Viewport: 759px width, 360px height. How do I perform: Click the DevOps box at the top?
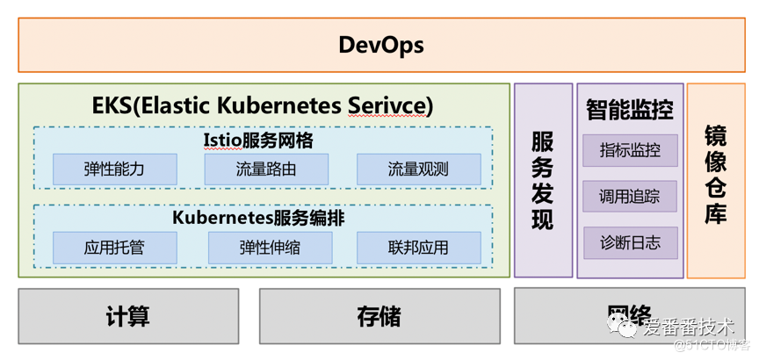tap(380, 45)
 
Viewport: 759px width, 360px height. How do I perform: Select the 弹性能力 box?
tap(114, 169)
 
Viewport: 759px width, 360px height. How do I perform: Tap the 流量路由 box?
tap(266, 169)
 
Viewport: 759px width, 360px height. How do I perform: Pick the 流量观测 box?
tap(418, 169)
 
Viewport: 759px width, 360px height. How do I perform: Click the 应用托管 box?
tap(114, 248)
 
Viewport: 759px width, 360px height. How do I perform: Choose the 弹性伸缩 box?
tap(270, 248)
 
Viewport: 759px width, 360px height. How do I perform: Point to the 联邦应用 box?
tap(418, 248)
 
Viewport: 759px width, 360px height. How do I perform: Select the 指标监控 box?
tap(630, 150)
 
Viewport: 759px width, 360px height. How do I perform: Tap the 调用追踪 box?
tap(630, 196)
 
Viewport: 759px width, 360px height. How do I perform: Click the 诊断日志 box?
tap(630, 242)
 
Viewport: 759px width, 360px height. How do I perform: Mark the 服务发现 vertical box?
tap(543, 180)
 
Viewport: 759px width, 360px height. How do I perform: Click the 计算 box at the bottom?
tap(127, 316)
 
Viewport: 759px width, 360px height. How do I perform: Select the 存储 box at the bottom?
tap(379, 316)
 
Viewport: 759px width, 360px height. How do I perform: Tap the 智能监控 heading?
tap(630, 110)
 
